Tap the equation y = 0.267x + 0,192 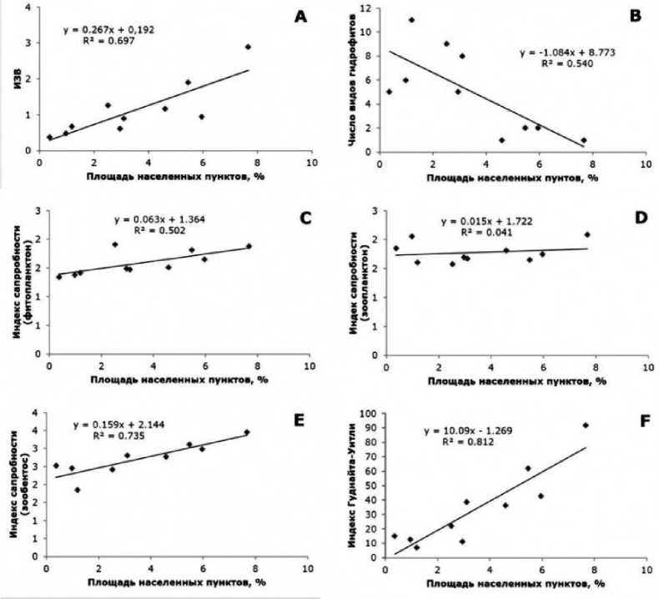(x=108, y=30)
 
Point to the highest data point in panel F (x=586, y=425)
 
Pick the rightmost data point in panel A (x=248, y=47)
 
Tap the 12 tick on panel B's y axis (x=365, y=8)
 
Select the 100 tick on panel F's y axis (x=365, y=414)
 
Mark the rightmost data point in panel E (x=246, y=432)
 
